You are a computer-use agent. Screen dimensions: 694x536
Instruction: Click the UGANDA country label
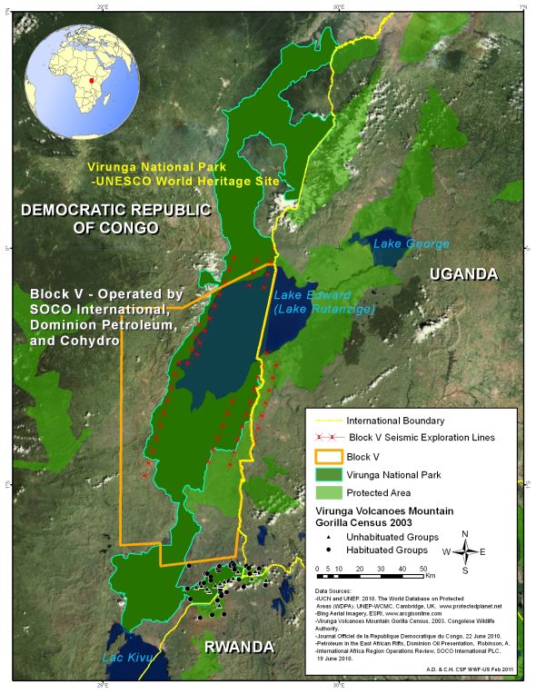(463, 274)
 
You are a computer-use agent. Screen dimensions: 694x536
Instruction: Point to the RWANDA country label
(237, 647)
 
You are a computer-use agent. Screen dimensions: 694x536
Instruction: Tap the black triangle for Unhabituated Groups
(325, 537)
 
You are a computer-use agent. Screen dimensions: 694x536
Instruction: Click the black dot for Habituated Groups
(325, 550)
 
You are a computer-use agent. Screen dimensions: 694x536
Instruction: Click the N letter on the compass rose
(465, 533)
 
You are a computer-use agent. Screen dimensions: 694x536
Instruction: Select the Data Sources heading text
(333, 590)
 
